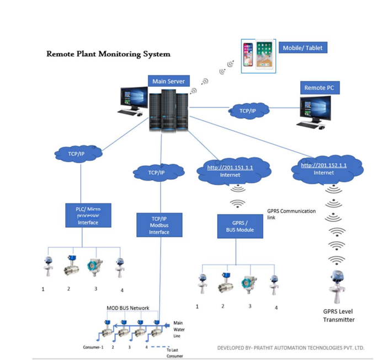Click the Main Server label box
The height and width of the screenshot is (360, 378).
tap(168, 81)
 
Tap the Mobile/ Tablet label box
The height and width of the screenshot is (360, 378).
tap(302, 48)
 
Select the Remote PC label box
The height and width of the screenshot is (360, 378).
tap(318, 88)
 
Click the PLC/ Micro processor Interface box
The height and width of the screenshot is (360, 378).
tap(87, 216)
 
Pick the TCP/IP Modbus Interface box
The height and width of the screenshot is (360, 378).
tap(159, 225)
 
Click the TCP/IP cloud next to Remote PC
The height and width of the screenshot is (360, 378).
tap(248, 110)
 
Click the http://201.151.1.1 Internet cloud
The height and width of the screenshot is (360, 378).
tap(230, 171)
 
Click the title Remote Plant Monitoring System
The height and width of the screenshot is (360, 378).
tap(108, 54)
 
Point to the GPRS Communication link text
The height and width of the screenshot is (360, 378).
tap(291, 214)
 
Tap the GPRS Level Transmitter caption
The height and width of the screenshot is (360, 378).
tap(339, 315)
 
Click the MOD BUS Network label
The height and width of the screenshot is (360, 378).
tap(127, 308)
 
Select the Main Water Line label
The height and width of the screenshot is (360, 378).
tap(178, 330)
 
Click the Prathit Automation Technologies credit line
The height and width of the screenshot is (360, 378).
tap(291, 348)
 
